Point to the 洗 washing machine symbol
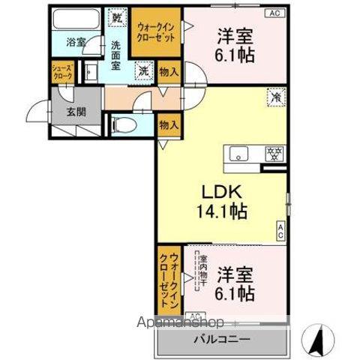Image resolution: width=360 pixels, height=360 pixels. click(142, 72)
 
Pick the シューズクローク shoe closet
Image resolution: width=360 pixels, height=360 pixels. click(61, 72)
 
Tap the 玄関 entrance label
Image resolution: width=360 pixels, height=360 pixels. click(65, 113)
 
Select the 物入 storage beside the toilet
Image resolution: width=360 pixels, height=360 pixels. click(167, 126)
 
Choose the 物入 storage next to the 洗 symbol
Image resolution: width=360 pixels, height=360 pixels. click(168, 72)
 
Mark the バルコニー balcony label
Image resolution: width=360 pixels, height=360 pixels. click(223, 339)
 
